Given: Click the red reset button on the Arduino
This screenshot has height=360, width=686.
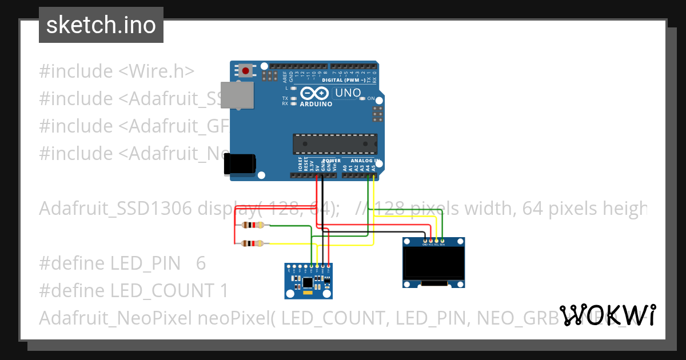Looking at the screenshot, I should pyautogui.click(x=246, y=71).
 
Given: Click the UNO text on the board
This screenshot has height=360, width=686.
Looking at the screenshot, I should pyautogui.click(x=348, y=93).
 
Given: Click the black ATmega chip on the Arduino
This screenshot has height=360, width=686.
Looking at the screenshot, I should pyautogui.click(x=335, y=144).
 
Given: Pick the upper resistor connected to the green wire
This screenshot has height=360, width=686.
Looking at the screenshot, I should pyautogui.click(x=252, y=225).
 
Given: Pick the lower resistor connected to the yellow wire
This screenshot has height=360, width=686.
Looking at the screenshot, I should pyautogui.click(x=252, y=243).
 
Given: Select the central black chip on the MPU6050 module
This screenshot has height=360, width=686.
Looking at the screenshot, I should pyautogui.click(x=308, y=281).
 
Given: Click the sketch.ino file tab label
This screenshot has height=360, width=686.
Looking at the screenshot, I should pyautogui.click(x=101, y=25).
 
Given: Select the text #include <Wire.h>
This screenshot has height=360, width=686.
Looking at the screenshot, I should pyautogui.click(x=117, y=71).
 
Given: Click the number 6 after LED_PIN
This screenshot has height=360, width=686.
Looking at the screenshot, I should pyautogui.click(x=201, y=263).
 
